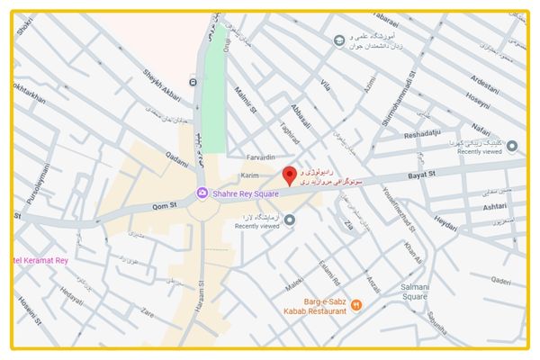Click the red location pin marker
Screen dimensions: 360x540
pyautogui.click(x=289, y=175)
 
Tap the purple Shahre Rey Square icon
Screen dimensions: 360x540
pyautogui.click(x=202, y=193)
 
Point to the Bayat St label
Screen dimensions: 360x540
pyautogui.click(x=420, y=172)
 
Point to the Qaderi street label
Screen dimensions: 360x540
pyautogui.click(x=500, y=280)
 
